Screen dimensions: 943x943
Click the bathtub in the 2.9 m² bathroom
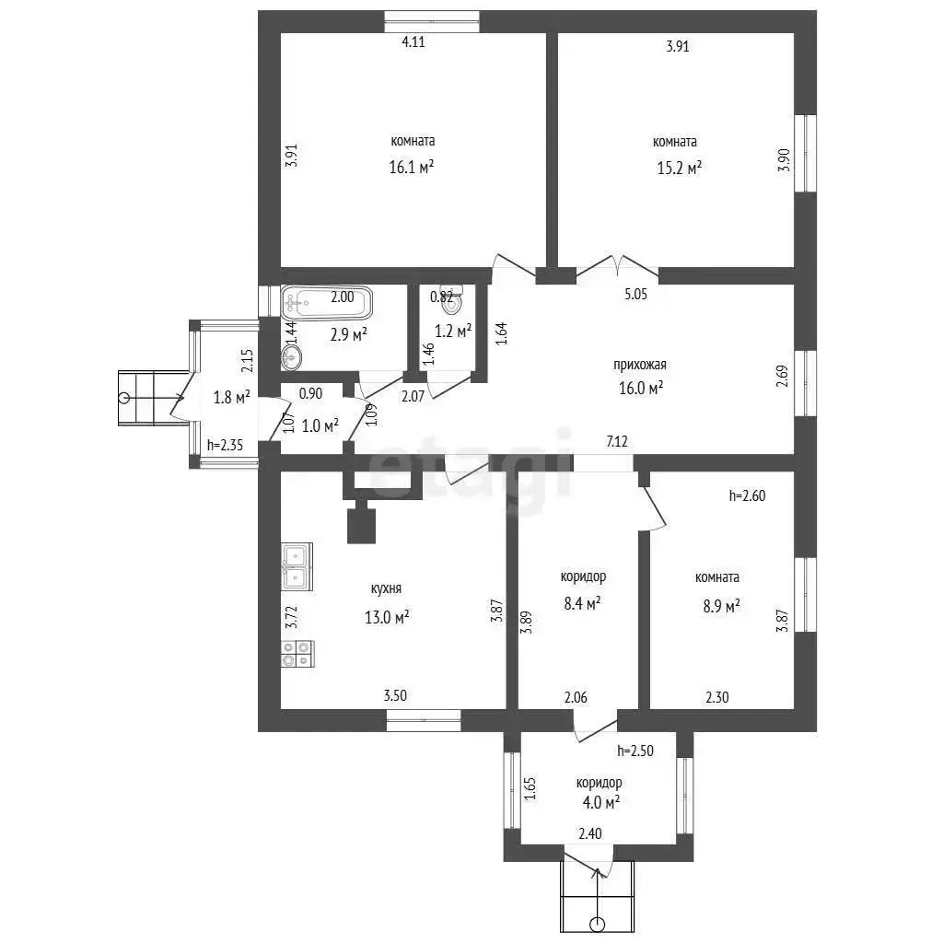(327, 302)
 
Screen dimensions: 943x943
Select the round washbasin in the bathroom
(291, 356)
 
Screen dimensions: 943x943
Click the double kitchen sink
(297, 566)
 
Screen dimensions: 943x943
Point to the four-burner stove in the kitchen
(297, 655)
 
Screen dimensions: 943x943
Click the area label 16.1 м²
(412, 167)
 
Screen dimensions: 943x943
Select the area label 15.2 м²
(679, 168)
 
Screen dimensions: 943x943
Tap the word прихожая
(640, 365)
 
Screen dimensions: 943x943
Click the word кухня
(386, 588)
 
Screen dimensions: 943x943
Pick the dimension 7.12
(617, 441)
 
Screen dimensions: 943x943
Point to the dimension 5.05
(635, 294)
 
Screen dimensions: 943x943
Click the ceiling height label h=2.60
(747, 495)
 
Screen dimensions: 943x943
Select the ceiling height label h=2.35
(225, 445)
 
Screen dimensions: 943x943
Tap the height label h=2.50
(635, 751)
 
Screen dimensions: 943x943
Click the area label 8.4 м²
(582, 603)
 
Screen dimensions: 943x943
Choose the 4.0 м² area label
(600, 802)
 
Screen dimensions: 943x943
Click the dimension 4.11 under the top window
(413, 41)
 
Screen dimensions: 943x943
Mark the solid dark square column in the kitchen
(361, 526)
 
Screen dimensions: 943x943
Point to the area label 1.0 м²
(320, 425)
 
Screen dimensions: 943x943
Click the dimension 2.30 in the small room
(716, 697)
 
